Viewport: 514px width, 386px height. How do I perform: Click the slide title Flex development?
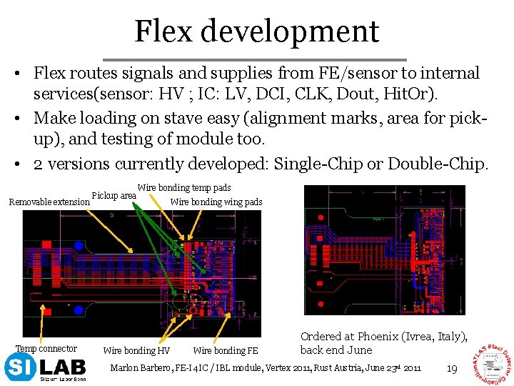pyautogui.click(x=256, y=31)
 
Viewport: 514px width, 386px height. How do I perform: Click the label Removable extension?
pyautogui.click(x=49, y=202)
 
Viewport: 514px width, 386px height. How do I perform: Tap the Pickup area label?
pyautogui.click(x=114, y=195)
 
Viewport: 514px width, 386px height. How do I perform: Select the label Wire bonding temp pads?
pyautogui.click(x=183, y=188)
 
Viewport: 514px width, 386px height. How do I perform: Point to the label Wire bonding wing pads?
pyautogui.click(x=216, y=202)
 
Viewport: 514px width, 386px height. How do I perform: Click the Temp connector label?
pyautogui.click(x=46, y=349)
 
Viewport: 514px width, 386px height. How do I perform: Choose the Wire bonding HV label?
pyautogui.click(x=137, y=350)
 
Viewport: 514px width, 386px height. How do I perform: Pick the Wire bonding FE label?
pyautogui.click(x=226, y=350)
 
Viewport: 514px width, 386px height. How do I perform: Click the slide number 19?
pyautogui.click(x=451, y=369)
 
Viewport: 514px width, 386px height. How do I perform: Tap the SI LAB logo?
pyautogui.click(x=45, y=369)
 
